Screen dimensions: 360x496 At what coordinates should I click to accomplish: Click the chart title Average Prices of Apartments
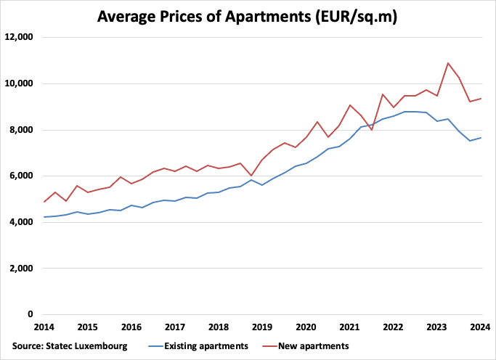pyautogui.click(x=248, y=15)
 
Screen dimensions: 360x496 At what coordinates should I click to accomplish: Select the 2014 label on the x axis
pyautogui.click(x=44, y=327)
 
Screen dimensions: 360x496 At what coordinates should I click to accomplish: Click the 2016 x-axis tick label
pyautogui.click(x=131, y=327)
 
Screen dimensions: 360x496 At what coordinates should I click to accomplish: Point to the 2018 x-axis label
pyautogui.click(x=219, y=327)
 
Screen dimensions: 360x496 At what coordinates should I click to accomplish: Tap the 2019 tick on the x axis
pyautogui.click(x=262, y=327)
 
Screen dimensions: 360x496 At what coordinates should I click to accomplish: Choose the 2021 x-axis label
pyautogui.click(x=349, y=327)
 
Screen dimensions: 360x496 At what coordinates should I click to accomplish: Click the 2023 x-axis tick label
pyautogui.click(x=437, y=327)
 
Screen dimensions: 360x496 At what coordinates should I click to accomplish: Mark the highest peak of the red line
pyautogui.click(x=448, y=63)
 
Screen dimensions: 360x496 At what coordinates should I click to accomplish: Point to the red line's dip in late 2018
pyautogui.click(x=251, y=176)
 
